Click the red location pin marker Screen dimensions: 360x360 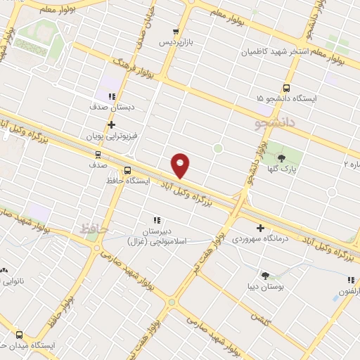click(x=181, y=165)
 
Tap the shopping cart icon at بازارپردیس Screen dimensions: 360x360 click(x=176, y=32)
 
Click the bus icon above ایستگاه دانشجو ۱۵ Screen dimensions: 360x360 click(x=286, y=88)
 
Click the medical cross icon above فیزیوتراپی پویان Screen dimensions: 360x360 click(x=111, y=124)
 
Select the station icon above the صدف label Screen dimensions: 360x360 click(x=98, y=154)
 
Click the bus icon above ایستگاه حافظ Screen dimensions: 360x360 click(x=127, y=170)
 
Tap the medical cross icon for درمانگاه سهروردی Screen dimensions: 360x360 click(x=260, y=228)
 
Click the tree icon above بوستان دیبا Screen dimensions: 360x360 click(x=265, y=276)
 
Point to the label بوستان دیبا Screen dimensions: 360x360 click(x=265, y=287)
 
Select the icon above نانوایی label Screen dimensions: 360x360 click(x=5, y=270)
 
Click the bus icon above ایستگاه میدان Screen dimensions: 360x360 click(x=19, y=335)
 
